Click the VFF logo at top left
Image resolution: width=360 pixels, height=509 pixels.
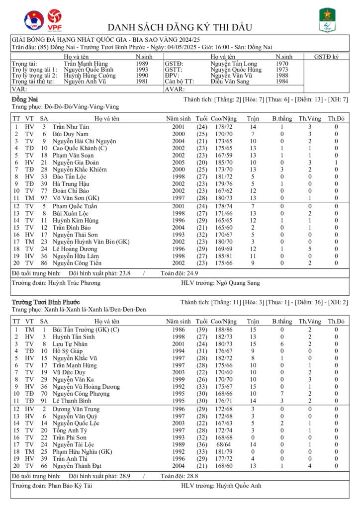[x=34, y=20]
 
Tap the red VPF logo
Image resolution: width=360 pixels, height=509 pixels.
[x=55, y=20]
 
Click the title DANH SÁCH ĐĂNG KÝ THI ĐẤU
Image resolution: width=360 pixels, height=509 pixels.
[x=180, y=27]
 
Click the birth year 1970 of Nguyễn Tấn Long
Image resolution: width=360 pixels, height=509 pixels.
[x=282, y=64]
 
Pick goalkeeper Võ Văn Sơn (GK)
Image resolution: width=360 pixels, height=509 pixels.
[x=76, y=197]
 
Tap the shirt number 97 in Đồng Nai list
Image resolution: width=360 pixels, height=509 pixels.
[x=44, y=197]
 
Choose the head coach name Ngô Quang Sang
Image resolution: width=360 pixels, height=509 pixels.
[x=238, y=283]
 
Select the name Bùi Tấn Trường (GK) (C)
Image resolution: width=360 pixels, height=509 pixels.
[x=86, y=330]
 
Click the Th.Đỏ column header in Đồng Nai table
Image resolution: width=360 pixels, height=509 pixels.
[x=336, y=119]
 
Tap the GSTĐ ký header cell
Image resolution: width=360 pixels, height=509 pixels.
[x=326, y=57]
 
